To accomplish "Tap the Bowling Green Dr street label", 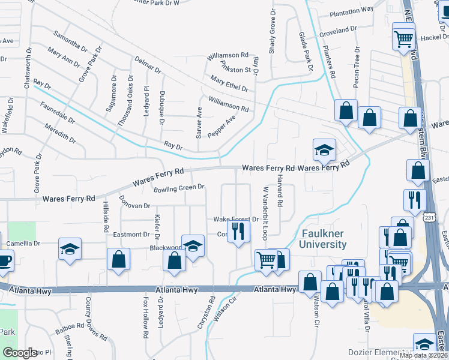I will coord(179,189).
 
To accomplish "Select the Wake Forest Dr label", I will coord(236,219).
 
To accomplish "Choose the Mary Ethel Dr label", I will coord(229,83).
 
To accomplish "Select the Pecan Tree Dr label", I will coord(357,67).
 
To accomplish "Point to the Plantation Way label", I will coord(352,9).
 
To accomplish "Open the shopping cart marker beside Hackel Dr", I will coord(404,39).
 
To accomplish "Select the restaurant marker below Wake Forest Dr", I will coord(238,230).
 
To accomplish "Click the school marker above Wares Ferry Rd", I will coord(324,149).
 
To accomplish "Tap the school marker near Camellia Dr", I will coord(70,248).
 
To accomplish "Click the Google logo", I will coord(19,353).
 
